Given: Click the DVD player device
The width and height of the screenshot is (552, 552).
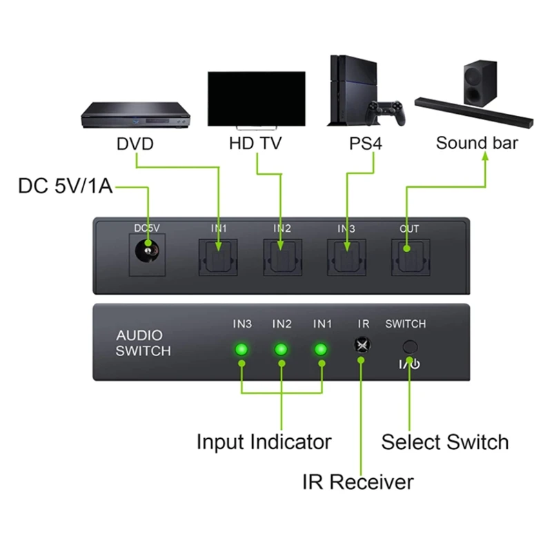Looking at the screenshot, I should tap(135, 115).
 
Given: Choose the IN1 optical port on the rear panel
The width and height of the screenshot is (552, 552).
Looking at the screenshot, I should tap(218, 257).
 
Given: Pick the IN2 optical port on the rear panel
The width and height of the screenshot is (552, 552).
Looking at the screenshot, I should tap(282, 257).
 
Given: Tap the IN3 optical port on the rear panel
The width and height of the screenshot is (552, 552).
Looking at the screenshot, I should tap(345, 257).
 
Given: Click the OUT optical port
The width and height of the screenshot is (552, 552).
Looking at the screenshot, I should tap(408, 257).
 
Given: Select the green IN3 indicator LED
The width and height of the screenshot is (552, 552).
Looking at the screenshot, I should tap(241, 349).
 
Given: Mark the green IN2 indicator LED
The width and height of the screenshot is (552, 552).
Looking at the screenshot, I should tap(281, 349).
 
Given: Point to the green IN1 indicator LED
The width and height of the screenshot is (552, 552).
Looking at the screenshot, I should tap(320, 349).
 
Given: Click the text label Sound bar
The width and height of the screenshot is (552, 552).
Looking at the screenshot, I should tap(477, 144).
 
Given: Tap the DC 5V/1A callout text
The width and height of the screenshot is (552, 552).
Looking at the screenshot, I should tap(66, 186).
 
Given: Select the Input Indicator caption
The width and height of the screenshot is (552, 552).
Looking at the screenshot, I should tap(264, 442).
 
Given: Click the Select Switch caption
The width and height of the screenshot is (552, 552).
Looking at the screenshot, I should tap(445, 442).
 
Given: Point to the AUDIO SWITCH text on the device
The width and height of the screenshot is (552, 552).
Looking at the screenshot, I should tap(143, 343).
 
